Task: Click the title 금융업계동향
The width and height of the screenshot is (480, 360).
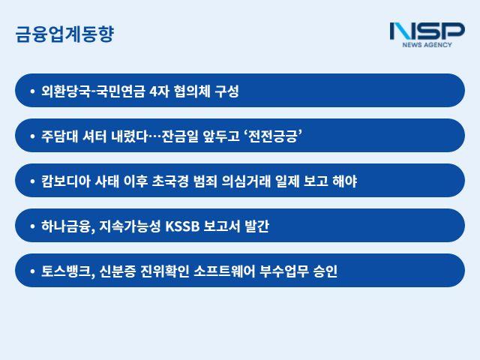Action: (x=64, y=34)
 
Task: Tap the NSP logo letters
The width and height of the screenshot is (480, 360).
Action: (x=427, y=31)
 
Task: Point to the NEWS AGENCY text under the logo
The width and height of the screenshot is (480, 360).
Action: (x=427, y=45)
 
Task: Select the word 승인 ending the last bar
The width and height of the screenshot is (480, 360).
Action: (x=325, y=271)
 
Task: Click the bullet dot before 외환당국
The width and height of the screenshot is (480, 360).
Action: (x=32, y=91)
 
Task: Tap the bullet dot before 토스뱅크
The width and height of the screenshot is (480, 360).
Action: (x=32, y=271)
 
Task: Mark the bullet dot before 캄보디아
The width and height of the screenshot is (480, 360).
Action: (x=32, y=181)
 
